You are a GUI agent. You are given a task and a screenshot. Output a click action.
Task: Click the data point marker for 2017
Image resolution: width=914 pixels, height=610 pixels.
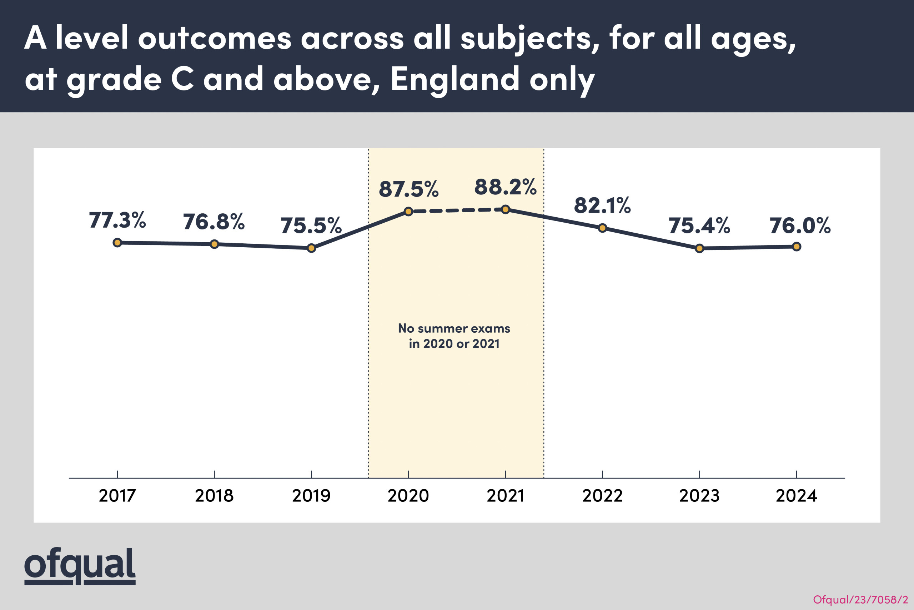pos(117,243)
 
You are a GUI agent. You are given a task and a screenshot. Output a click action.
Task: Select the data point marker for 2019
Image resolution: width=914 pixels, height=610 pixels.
pos(311,248)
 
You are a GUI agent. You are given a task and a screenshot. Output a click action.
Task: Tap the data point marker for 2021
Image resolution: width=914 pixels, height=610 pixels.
pos(505,210)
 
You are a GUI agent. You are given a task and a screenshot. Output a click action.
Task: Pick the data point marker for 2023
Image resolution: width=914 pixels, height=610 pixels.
pos(699,248)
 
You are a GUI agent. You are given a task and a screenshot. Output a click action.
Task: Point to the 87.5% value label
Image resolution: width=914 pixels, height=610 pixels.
pos(408,189)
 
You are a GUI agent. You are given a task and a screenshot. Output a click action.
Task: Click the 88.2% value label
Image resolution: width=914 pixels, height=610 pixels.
pos(505,187)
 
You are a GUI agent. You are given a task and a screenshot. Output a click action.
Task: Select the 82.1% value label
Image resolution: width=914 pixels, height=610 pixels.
pos(602,205)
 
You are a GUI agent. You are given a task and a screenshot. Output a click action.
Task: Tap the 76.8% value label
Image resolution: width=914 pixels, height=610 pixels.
pos(214,222)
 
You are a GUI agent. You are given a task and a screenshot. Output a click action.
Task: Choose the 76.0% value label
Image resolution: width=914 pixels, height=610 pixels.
pos(800,225)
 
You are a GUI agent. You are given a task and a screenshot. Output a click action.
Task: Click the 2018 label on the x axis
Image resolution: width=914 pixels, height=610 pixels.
pos(214,496)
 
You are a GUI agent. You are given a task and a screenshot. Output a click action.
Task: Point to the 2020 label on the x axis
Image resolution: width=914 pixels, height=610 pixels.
pos(408,496)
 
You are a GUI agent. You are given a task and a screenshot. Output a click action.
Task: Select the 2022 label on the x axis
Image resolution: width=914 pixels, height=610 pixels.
pos(602,496)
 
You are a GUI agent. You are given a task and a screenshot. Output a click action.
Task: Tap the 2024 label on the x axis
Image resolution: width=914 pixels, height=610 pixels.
pos(796,496)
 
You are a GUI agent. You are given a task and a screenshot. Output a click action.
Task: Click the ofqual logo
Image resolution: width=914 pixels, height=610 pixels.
pos(80,566)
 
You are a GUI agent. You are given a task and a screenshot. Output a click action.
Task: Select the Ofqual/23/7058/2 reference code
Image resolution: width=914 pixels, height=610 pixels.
pos(860,600)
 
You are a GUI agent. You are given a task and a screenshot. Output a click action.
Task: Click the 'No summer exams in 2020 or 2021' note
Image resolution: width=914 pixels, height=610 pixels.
pos(454,336)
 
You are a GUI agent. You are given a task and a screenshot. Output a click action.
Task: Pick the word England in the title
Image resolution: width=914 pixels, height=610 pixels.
pos(454,79)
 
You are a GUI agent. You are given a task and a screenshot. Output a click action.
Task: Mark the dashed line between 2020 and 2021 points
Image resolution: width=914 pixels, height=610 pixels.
pos(457,210)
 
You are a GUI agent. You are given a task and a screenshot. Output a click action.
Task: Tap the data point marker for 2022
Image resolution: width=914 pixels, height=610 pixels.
pos(602,228)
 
